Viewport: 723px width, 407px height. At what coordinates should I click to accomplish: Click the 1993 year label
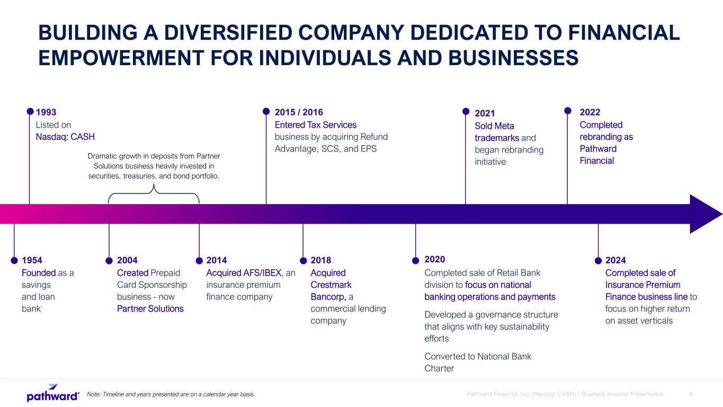click(x=46, y=112)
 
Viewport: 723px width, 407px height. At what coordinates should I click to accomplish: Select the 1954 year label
click(x=32, y=260)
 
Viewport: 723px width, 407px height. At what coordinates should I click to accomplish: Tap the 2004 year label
click(x=127, y=260)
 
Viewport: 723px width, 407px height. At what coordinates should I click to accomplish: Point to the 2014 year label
click(x=217, y=260)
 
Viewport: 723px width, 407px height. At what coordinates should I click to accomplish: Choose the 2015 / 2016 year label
click(x=299, y=112)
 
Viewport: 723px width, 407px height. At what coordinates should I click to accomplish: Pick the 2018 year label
click(x=321, y=260)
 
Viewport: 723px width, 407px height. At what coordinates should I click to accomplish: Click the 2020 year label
click(x=435, y=259)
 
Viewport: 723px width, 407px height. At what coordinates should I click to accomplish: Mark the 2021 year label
click(x=485, y=113)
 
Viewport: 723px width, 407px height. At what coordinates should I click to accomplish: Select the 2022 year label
click(x=590, y=112)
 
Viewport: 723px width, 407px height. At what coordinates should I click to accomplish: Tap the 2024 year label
click(x=615, y=260)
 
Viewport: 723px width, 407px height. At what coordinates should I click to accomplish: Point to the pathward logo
click(x=53, y=393)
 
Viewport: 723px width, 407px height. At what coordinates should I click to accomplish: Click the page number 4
click(x=691, y=394)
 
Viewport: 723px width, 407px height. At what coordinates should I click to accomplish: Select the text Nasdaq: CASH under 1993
click(x=65, y=137)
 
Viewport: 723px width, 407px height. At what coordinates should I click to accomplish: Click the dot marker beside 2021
click(x=466, y=111)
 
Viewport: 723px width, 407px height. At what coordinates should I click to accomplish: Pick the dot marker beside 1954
click(x=14, y=260)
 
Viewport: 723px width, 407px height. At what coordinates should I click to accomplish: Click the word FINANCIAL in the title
click(x=624, y=33)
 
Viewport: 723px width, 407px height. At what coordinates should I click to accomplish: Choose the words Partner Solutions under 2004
click(x=150, y=309)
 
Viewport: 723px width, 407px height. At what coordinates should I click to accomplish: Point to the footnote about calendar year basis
click(x=171, y=394)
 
